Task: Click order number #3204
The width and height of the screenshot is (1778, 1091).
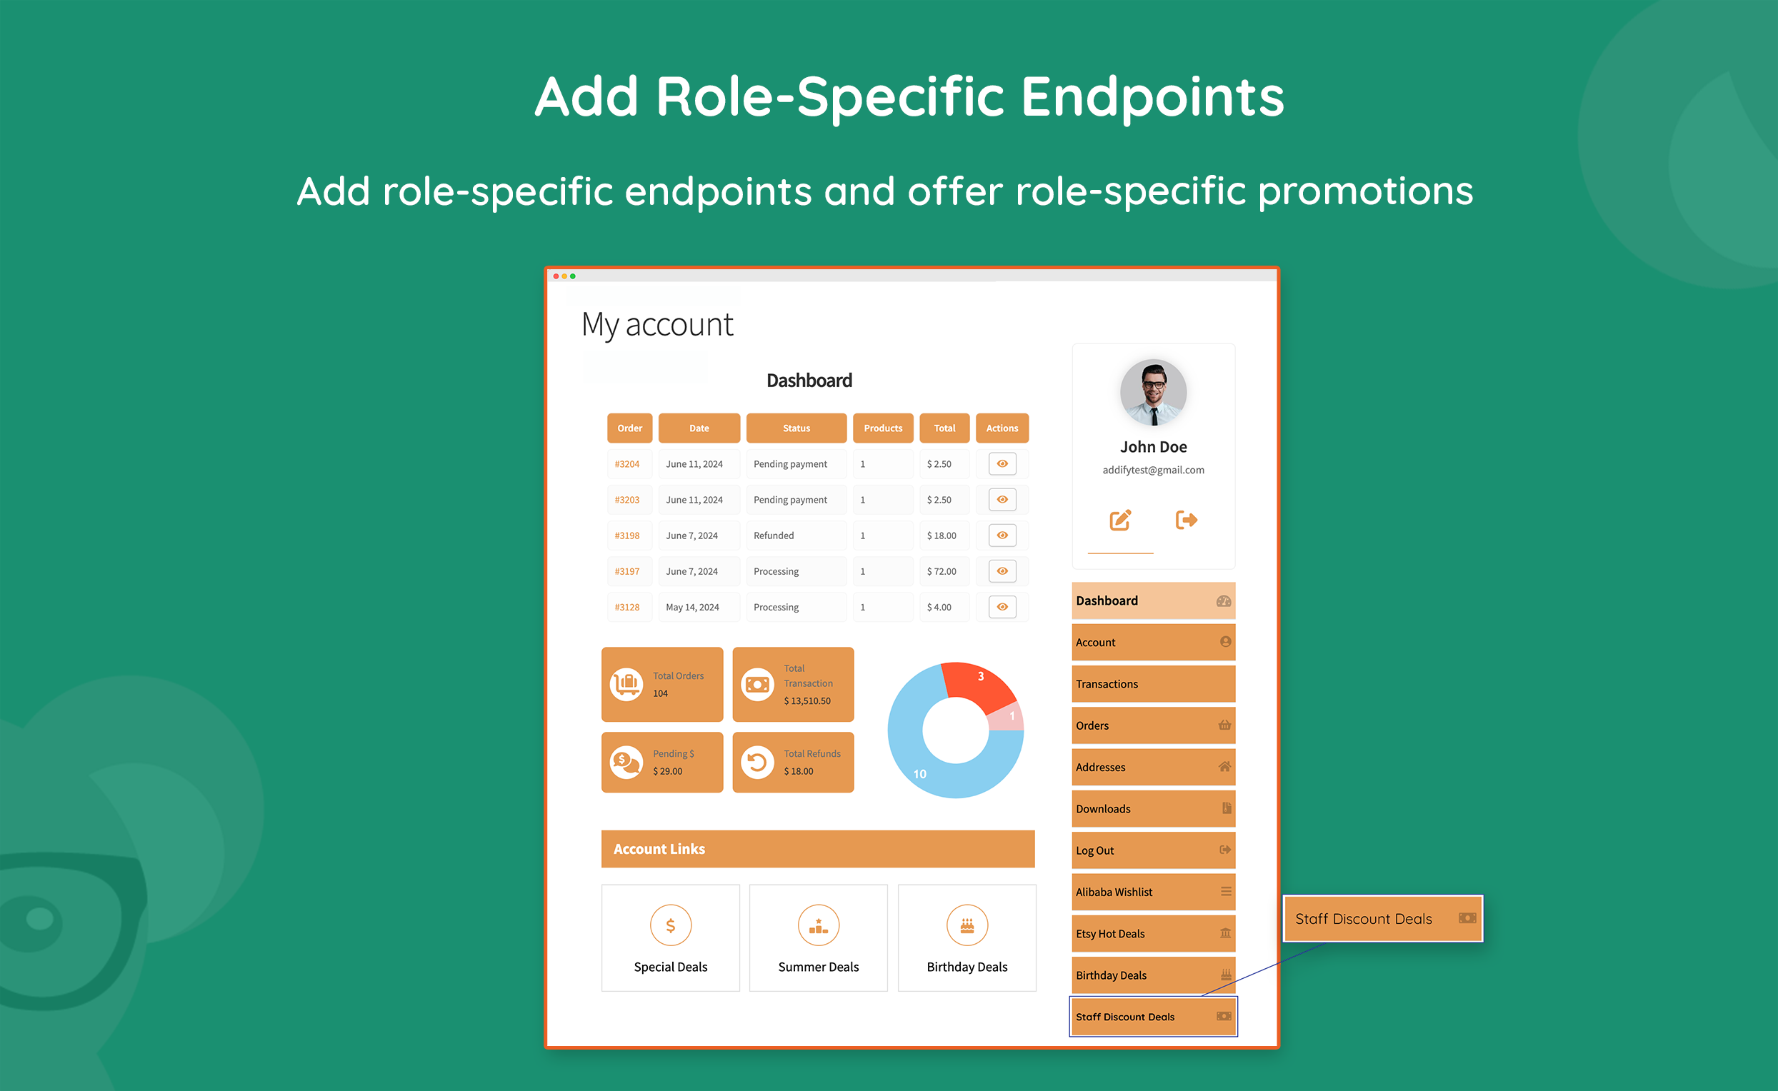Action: tap(626, 464)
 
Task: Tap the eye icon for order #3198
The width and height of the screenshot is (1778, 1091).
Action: tap(1002, 536)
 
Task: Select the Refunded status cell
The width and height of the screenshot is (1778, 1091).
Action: tap(774, 536)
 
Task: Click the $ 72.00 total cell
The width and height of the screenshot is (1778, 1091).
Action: tap(942, 571)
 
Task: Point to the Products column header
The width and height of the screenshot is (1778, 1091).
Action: tap(883, 428)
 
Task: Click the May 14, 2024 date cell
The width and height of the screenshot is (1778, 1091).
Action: tap(692, 607)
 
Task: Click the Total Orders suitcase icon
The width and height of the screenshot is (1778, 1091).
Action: tap(626, 683)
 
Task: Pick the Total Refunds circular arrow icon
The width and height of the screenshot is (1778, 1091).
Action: tap(757, 762)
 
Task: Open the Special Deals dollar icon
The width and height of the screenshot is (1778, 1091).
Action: tap(671, 925)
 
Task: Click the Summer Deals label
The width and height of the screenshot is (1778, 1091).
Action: tap(818, 967)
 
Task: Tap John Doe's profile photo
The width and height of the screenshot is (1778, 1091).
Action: tap(1153, 393)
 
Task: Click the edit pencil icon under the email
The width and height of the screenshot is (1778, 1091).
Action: tap(1119, 521)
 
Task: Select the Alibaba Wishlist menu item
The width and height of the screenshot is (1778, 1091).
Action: tap(1153, 892)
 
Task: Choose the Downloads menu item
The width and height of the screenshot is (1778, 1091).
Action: tap(1153, 809)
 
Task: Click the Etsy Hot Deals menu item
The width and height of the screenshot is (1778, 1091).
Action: tap(1153, 934)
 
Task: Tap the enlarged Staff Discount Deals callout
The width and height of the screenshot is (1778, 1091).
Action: tap(1382, 918)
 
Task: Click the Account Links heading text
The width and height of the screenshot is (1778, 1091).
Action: tap(659, 849)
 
